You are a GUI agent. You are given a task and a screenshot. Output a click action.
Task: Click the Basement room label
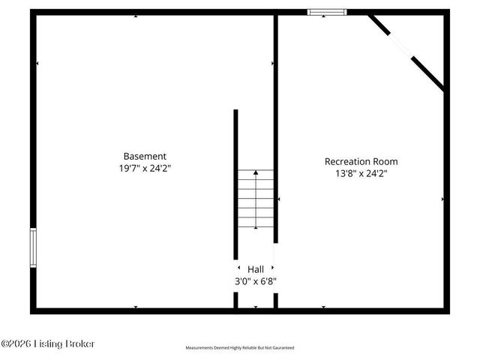pos(145,156)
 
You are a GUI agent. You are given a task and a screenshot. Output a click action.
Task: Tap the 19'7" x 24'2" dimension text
pos(145,168)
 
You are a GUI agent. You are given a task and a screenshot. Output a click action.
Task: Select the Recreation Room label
pos(361,161)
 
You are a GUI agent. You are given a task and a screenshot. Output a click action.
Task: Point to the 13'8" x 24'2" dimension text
pos(361,173)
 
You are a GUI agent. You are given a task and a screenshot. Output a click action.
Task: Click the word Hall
pos(256,268)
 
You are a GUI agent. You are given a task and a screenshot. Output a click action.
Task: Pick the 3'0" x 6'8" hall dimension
pos(256,281)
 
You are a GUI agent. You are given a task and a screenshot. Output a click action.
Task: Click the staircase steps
pos(256,199)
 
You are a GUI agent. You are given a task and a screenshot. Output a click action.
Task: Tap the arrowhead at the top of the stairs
pos(256,172)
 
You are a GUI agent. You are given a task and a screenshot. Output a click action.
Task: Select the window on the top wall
pos(326,12)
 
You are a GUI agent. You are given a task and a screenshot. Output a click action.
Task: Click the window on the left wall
pos(33,247)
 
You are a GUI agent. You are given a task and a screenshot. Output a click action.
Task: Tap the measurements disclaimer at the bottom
pos(240,348)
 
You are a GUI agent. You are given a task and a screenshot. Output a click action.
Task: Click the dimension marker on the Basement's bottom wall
pos(135,307)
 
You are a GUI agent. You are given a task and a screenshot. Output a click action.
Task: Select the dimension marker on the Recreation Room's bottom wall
pos(323,307)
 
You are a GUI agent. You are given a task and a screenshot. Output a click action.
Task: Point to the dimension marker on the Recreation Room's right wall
pos(442,199)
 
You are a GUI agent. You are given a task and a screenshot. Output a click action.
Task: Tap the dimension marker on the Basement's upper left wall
pos(37,64)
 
